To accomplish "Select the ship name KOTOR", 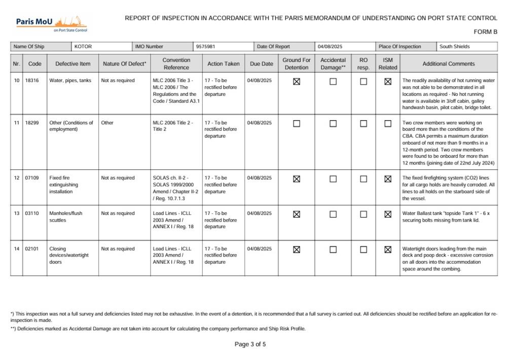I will (x=83, y=47).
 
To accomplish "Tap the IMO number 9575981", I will (x=206, y=47).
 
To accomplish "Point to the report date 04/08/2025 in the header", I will (x=330, y=47).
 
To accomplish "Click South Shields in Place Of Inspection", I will (x=454, y=47).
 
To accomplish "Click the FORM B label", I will (x=485, y=32).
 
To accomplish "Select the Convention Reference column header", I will (x=176, y=64).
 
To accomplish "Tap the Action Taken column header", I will (x=223, y=64).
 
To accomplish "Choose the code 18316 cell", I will (x=34, y=81).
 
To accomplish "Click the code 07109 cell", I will (x=34, y=178).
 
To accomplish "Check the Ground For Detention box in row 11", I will (x=297, y=123).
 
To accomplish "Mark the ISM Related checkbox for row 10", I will (x=388, y=81).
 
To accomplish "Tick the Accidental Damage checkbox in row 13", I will (x=333, y=214).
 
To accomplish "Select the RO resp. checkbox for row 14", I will (x=364, y=249).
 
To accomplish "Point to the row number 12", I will (x=16, y=178).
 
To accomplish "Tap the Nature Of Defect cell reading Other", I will (x=107, y=123).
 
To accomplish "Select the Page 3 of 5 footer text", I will (x=250, y=344).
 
